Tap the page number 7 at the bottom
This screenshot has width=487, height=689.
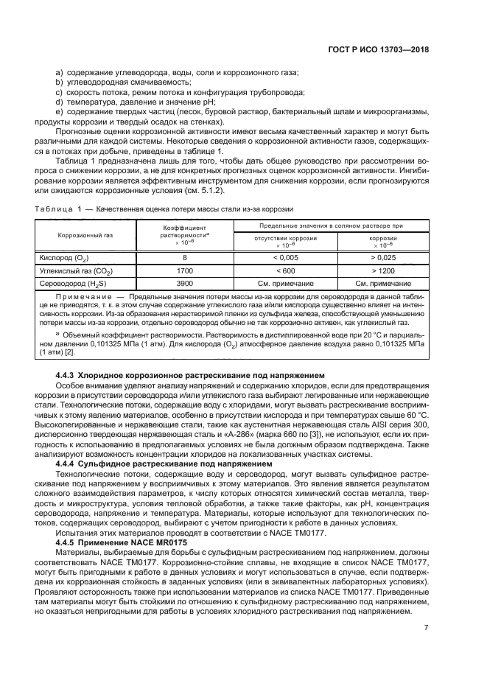[426, 648]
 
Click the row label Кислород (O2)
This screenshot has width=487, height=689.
[62, 257]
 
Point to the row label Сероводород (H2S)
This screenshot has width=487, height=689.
[72, 284]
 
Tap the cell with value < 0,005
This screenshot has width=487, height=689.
[285, 257]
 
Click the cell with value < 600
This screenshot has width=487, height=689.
[285, 270]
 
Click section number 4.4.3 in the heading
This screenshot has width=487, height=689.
[66, 375]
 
